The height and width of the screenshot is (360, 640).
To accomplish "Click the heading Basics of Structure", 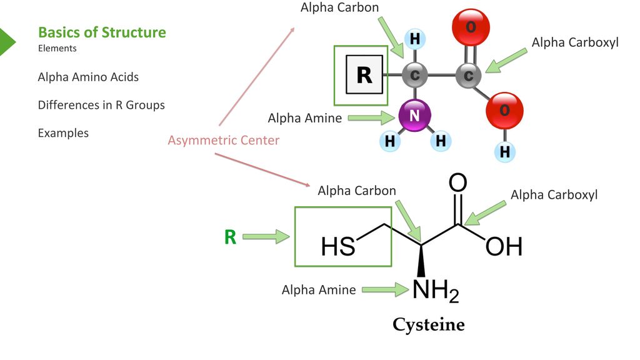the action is (x=102, y=32).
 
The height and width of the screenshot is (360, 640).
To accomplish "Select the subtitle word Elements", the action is (x=57, y=48).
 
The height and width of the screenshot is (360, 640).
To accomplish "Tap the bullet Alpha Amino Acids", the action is (x=88, y=77).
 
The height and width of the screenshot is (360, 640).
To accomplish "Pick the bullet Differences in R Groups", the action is (x=101, y=105).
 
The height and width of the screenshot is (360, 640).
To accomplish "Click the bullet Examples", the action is (x=63, y=133).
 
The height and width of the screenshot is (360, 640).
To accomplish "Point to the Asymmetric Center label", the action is (x=224, y=140).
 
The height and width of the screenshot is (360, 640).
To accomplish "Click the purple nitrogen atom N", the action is (x=414, y=116).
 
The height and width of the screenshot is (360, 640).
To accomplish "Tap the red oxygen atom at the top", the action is (x=471, y=27).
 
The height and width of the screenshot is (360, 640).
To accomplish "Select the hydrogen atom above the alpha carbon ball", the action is (x=415, y=39).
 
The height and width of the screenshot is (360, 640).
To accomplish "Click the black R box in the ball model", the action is (x=364, y=75).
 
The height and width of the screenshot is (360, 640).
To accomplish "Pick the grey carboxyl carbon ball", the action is (x=468, y=76).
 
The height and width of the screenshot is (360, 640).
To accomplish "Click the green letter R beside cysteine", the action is (x=230, y=237).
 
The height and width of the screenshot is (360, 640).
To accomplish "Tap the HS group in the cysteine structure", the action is (x=338, y=247).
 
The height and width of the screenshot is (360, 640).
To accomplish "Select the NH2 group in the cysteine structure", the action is (x=436, y=291).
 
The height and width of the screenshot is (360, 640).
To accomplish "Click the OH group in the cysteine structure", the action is (x=504, y=246).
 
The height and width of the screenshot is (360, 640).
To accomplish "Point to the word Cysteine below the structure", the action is (x=429, y=325).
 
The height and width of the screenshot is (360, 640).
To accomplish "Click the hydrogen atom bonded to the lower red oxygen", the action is (x=504, y=152).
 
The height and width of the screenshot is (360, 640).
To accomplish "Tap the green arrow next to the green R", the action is (x=266, y=237).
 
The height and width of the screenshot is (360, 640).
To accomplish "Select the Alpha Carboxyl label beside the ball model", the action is (x=575, y=42).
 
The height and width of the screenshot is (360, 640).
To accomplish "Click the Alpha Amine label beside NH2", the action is (x=319, y=290).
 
